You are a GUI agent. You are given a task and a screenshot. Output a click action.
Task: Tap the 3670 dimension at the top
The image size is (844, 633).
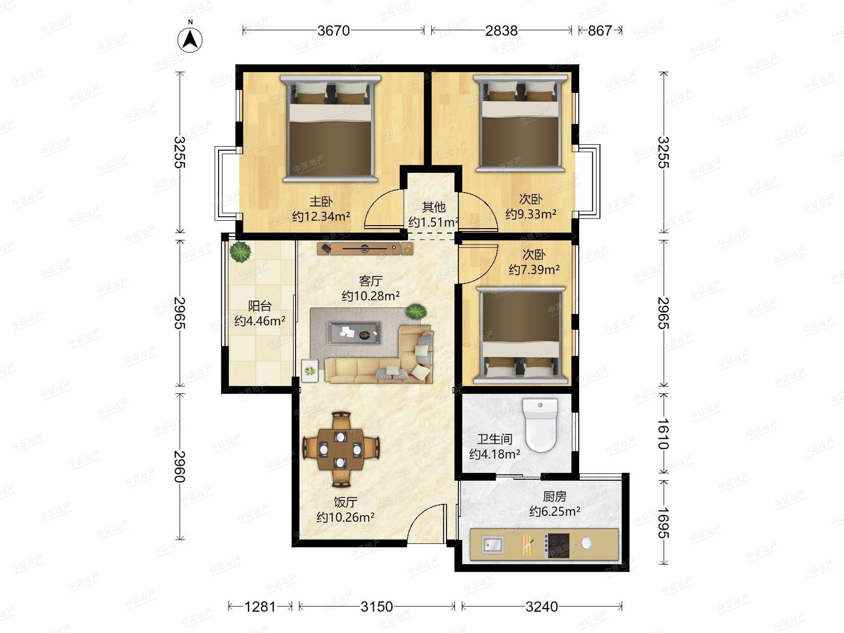tap(333, 31)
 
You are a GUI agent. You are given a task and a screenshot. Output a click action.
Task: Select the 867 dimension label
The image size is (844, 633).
tap(600, 31)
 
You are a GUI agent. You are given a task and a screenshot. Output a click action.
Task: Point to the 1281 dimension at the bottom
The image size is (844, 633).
tap(260, 606)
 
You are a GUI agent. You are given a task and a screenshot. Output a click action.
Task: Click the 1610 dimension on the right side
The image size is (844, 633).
tap(664, 434)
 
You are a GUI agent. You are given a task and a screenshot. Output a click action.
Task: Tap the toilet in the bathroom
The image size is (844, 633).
tap(540, 425)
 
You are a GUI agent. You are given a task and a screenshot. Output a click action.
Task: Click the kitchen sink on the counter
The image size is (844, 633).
tap(493, 544)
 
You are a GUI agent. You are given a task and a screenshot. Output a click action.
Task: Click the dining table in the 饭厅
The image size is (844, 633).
tap(340, 449)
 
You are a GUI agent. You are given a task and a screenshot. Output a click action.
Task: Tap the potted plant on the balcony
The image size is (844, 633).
tap(241, 251)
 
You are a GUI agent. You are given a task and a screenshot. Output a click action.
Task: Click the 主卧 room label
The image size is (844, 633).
tap(321, 201)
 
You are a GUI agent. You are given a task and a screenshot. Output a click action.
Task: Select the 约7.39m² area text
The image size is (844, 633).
tap(534, 270)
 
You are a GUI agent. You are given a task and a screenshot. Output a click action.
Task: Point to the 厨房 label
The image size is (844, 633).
tap(555, 497)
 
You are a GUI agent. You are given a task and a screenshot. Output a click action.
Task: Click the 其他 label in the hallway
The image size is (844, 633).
tap(434, 207)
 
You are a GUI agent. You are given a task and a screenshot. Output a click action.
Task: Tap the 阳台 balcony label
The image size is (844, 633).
tap(260, 306)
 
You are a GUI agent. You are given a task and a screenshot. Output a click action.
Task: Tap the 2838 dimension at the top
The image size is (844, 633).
tap(501, 31)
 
